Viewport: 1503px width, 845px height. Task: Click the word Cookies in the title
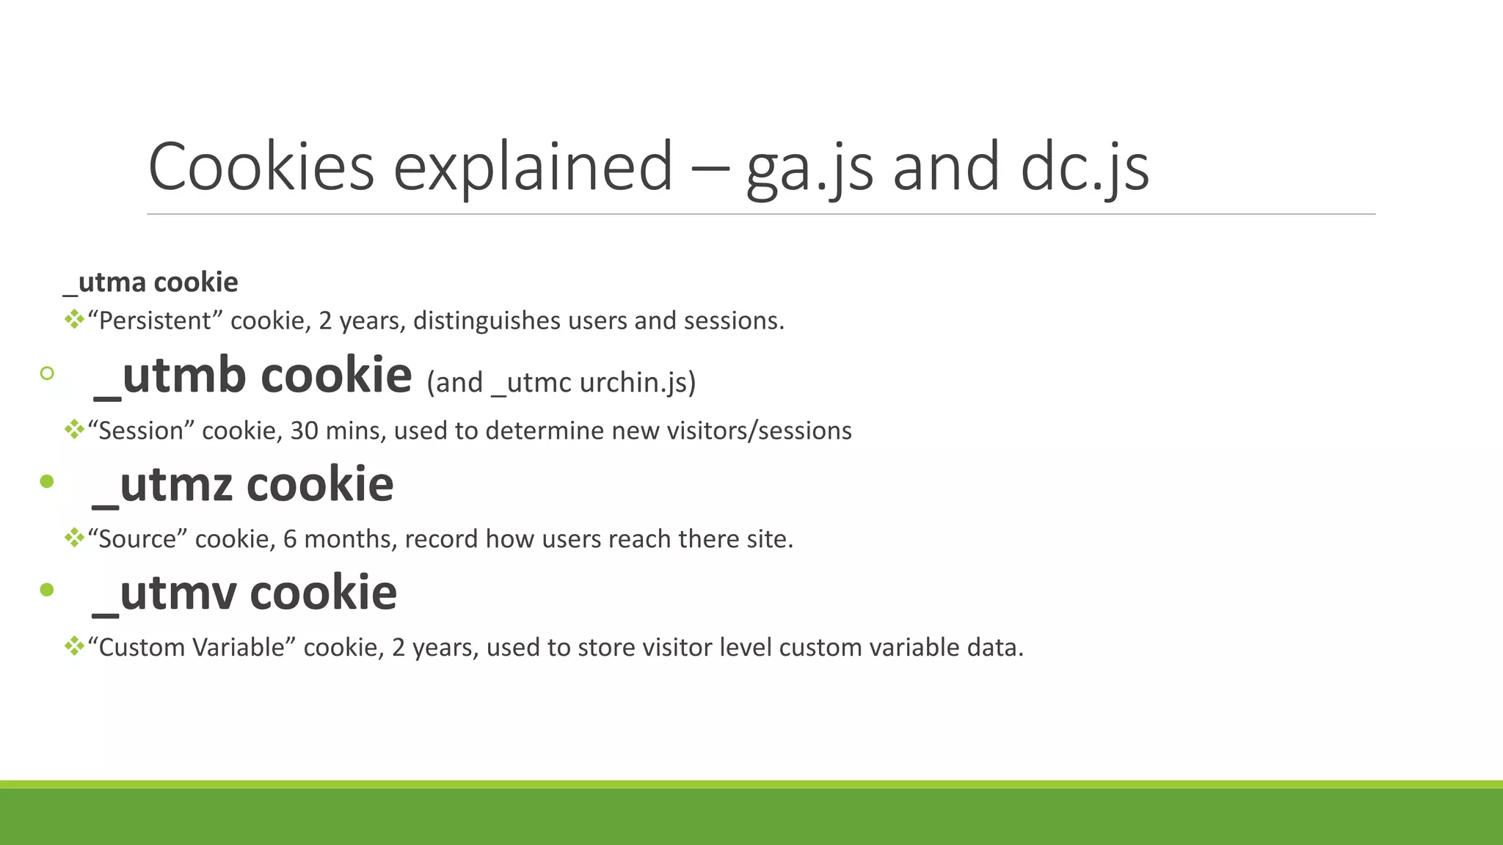click(x=261, y=167)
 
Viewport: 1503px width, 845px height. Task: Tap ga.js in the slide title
click(x=809, y=169)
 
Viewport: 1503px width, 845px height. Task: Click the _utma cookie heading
click(x=150, y=282)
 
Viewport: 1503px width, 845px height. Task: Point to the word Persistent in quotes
click(x=155, y=321)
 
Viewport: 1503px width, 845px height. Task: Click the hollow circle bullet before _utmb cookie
click(x=47, y=373)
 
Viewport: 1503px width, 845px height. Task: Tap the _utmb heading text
click(x=252, y=376)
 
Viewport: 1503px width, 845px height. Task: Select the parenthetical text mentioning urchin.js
click(x=561, y=382)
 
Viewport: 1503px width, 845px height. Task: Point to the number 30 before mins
click(x=304, y=431)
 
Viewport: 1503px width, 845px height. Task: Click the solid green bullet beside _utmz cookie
click(x=47, y=482)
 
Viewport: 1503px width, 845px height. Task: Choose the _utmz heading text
click(x=243, y=485)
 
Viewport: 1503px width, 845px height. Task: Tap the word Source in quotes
click(x=137, y=539)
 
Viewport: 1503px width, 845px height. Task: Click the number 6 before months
click(x=290, y=539)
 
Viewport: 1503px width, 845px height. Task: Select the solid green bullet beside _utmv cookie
click(x=47, y=590)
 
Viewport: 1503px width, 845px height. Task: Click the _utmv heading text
click(x=244, y=593)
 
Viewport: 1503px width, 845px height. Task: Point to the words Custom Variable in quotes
click(x=192, y=648)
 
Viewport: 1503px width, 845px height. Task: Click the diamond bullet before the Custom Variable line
click(x=74, y=646)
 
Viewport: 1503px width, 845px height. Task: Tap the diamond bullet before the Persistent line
click(x=74, y=319)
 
